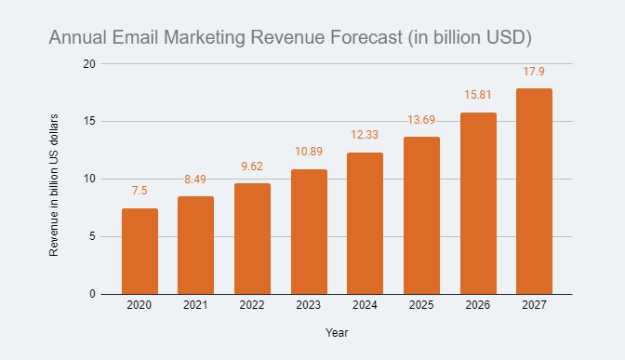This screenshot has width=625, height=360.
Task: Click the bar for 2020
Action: pyautogui.click(x=140, y=251)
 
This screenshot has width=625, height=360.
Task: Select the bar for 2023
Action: pyautogui.click(x=309, y=232)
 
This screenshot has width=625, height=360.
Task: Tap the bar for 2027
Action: pyautogui.click(x=534, y=192)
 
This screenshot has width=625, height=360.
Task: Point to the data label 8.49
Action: pyautogui.click(x=196, y=180)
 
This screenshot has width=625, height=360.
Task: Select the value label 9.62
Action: pyautogui.click(x=252, y=167)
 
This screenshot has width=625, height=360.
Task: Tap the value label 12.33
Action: pyautogui.click(x=365, y=136)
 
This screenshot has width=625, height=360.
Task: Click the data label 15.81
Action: pyautogui.click(x=477, y=96)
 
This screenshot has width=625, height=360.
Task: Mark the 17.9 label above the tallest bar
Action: pyautogui.click(x=534, y=72)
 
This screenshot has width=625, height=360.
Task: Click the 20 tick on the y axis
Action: pyautogui.click(x=89, y=63)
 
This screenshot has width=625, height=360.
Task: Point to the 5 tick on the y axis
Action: pyautogui.click(x=92, y=236)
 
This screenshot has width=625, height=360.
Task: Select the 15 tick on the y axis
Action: pyautogui.click(x=89, y=121)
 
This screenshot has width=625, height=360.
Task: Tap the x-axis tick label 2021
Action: pyautogui.click(x=196, y=305)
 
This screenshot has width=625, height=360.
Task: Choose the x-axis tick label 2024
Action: pyautogui.click(x=365, y=305)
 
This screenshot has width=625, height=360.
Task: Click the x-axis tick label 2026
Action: pyautogui.click(x=477, y=305)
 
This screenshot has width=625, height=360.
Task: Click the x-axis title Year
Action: pyautogui.click(x=337, y=332)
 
